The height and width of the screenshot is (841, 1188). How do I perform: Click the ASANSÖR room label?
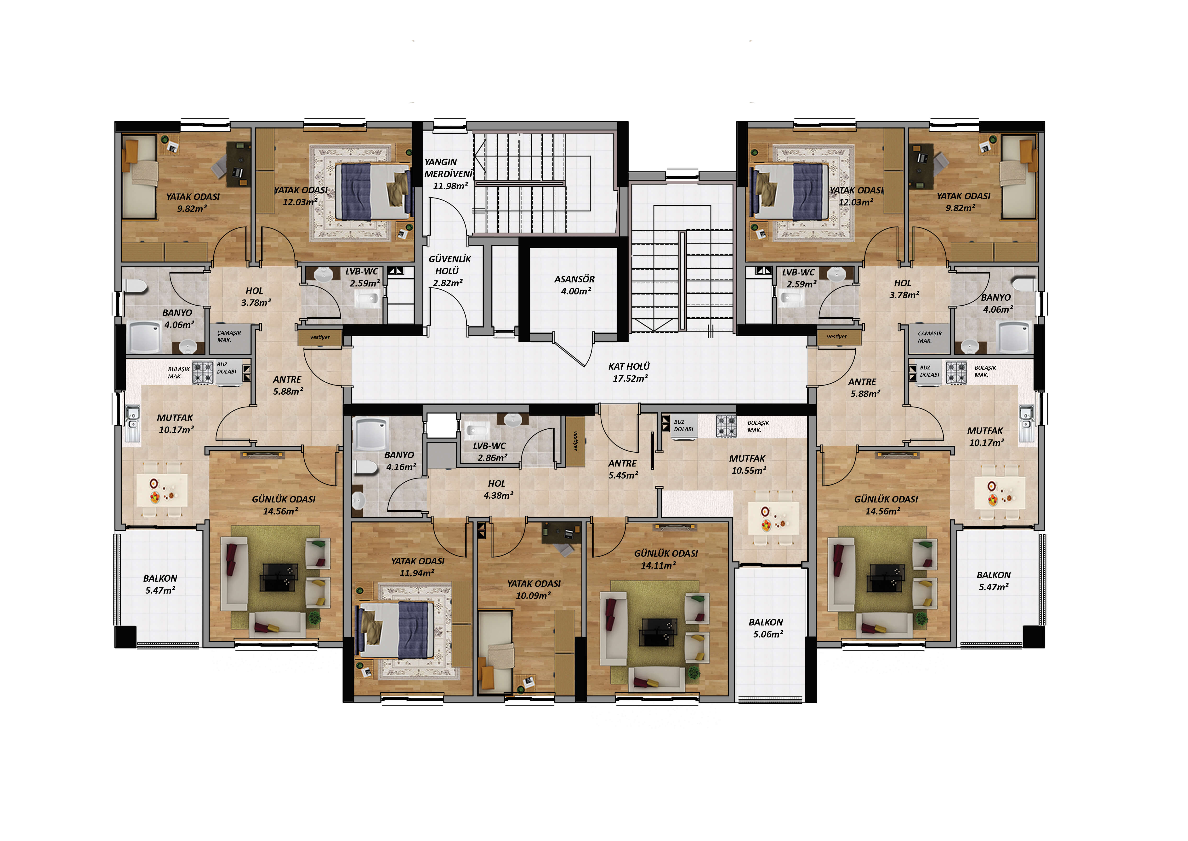pos(574,279)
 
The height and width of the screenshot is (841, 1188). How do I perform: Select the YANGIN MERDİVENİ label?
pos(448,168)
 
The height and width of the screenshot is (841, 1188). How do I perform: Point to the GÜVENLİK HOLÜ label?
pos(450,265)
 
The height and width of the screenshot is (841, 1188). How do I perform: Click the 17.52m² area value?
pos(630,379)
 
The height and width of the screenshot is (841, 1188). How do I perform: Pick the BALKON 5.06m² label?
pos(766,628)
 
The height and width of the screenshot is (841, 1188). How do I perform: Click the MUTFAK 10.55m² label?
pos(748,465)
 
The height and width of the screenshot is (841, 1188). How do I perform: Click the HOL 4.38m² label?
pos(498,489)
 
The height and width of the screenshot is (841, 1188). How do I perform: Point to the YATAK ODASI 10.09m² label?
pos(534,589)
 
